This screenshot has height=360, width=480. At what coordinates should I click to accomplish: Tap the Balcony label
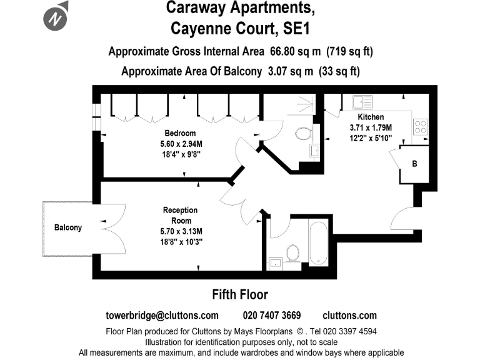(x=67, y=227)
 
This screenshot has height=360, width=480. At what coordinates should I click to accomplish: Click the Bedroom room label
(x=180, y=133)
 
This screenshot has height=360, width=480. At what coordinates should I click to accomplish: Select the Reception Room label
(x=180, y=214)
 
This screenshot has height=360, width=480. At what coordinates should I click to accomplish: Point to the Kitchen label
(x=371, y=117)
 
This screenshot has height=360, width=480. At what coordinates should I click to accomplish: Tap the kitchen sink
(x=362, y=101)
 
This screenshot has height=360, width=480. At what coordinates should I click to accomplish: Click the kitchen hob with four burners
(x=420, y=127)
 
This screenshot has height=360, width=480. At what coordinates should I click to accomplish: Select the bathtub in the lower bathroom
(x=318, y=243)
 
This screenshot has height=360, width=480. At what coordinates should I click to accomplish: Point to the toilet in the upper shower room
(x=303, y=134)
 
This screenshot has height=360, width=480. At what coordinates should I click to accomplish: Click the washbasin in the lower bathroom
(x=276, y=263)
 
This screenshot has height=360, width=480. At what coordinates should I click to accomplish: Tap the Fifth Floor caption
(x=240, y=294)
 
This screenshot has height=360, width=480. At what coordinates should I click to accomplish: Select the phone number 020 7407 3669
(x=271, y=315)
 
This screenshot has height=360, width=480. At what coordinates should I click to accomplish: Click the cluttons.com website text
(x=349, y=315)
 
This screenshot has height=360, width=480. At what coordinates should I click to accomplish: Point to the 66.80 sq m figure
(x=292, y=51)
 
